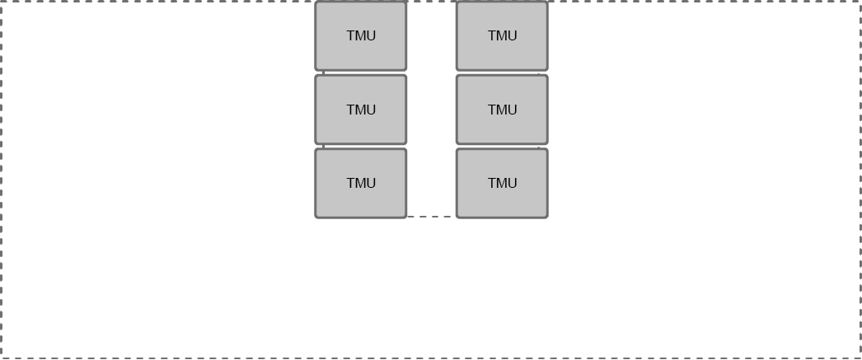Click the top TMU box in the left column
(361, 36)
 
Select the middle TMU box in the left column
(361, 110)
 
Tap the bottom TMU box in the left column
(361, 183)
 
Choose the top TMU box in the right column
(502, 36)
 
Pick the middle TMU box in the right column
(502, 110)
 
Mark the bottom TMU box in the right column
(502, 183)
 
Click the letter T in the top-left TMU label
(350, 36)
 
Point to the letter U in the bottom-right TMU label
(513, 184)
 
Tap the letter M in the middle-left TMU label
(360, 110)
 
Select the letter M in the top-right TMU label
(501, 36)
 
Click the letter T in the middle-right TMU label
(491, 110)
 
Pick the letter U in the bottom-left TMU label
(372, 184)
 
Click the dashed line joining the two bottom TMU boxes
(431, 217)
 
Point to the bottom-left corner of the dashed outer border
(2, 358)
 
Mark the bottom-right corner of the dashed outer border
(860, 358)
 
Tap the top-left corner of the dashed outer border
(2, 2)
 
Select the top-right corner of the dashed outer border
(860, 2)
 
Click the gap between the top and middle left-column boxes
(361, 72)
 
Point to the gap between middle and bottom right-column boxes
(502, 147)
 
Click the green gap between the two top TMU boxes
(431, 36)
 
